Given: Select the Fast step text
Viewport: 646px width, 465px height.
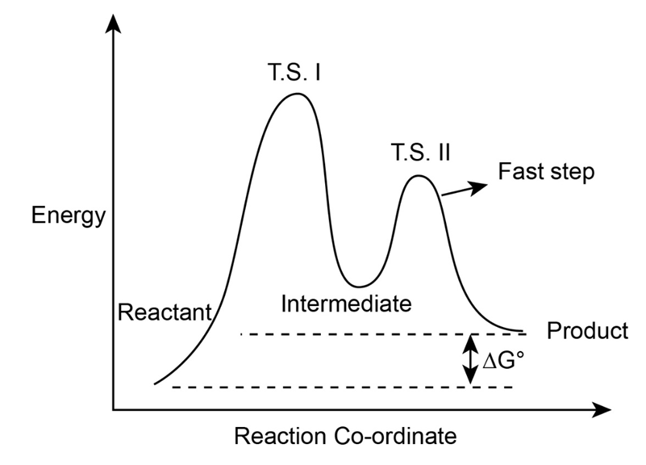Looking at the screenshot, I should pos(546,172).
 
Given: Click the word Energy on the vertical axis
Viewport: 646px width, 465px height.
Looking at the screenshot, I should pos(69,216).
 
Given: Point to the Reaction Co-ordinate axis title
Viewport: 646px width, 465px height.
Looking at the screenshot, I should pos(345,437).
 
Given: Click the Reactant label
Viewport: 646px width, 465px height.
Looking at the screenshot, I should pos(165,312).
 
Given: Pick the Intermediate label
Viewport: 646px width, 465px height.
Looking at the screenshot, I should pos(347,304).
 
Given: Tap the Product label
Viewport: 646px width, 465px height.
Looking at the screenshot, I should pos(587,331).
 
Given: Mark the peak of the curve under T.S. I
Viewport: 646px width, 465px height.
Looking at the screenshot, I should pos(297,94).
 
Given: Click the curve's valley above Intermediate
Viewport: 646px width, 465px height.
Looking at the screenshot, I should pos(360,286).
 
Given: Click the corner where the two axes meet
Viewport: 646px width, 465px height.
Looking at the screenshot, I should pos(114,409).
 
